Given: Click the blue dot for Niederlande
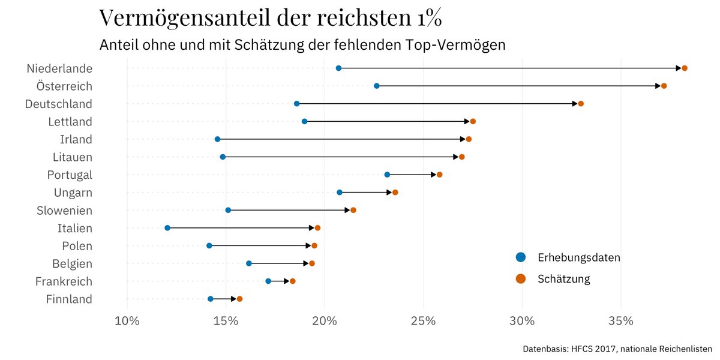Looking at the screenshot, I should click(x=338, y=68).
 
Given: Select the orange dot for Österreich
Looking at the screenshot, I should click(x=664, y=86).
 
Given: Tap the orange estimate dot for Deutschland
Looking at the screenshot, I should click(x=581, y=104).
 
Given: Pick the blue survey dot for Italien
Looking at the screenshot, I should click(x=167, y=228).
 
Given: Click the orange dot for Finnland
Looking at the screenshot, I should click(x=239, y=299).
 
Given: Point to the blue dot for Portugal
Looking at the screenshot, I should click(x=387, y=175).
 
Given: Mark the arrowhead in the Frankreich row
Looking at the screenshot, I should click(x=287, y=281).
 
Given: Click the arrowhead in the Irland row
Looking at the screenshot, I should click(x=463, y=139).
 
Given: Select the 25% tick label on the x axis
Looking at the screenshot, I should click(x=423, y=321).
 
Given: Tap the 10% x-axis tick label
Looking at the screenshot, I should click(x=127, y=321).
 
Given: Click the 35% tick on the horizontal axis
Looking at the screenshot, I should click(x=620, y=321).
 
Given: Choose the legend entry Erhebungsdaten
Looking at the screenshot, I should click(x=578, y=257).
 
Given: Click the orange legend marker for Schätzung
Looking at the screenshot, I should click(x=520, y=278).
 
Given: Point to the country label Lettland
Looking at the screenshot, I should click(x=70, y=122).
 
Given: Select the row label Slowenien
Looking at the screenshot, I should click(x=64, y=211).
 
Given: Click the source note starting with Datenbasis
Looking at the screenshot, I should click(x=617, y=349).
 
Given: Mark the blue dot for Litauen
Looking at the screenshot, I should click(x=223, y=157).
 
